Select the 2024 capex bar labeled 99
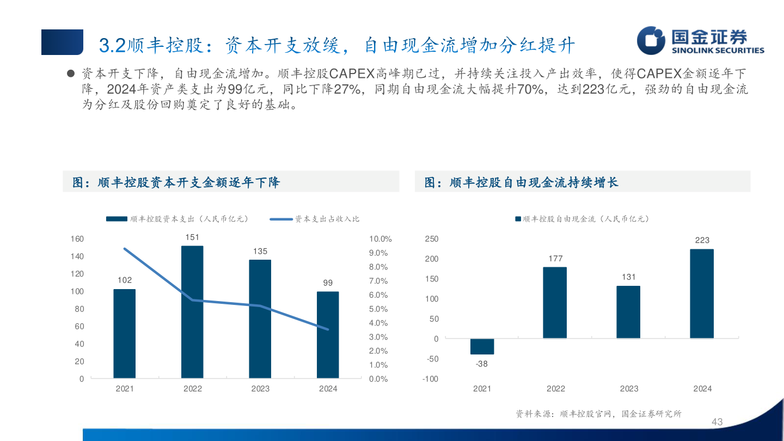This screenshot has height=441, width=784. coord(328,335)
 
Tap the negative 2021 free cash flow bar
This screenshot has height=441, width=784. coord(482,346)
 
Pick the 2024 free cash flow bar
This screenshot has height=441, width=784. coord(702,294)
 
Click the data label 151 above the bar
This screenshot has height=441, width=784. coord(192,237)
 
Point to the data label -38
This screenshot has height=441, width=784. coord(482,364)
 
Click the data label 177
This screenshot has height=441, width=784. coord(555,259)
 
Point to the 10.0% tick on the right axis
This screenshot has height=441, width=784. coord(380,239)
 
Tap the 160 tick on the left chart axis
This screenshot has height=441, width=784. coord(77,239)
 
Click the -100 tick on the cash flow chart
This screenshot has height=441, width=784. coord(430,379)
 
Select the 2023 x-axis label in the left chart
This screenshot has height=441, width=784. coord(260,389)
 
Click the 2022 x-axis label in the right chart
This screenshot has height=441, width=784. coord(555,389)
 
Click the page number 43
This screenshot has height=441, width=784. coord(717,422)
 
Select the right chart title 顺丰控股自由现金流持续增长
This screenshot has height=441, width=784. coord(534,182)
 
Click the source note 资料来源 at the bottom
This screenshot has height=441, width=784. coord(598,414)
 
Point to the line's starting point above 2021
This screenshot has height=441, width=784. coord(125,249)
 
